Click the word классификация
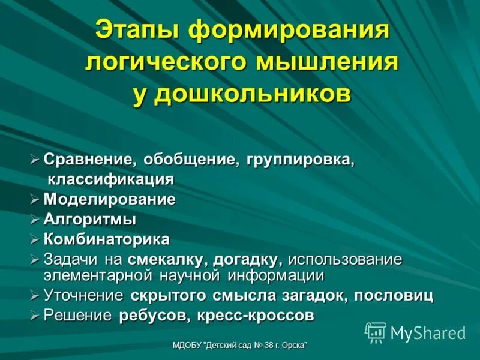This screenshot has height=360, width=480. tap(111, 179)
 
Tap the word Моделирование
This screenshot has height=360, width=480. tap(109, 199)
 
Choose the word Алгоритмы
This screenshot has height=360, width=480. tap(90, 220)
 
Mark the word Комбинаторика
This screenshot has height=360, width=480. tap(107, 239)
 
